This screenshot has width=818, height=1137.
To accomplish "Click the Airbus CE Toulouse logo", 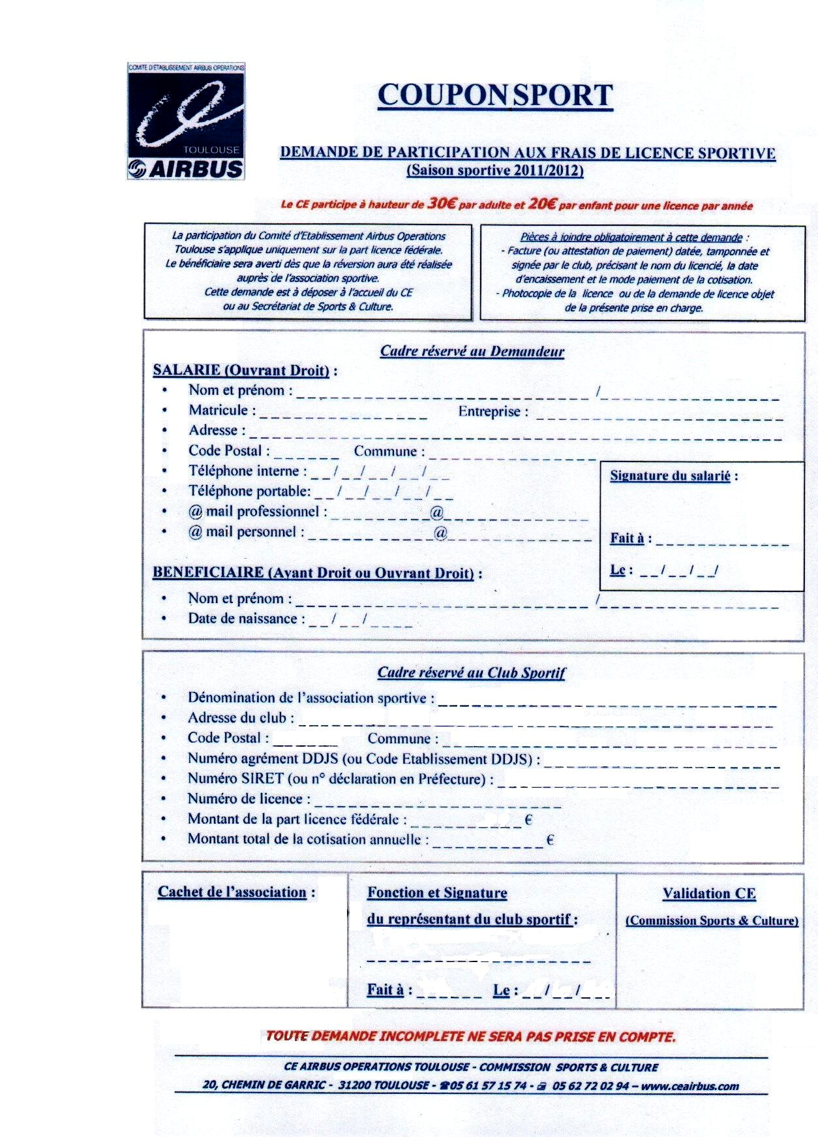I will (x=186, y=122).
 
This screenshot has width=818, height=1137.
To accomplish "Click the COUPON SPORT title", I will (x=495, y=95).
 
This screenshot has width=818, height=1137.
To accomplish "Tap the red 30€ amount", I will (x=442, y=204).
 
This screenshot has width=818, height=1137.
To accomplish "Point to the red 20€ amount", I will (x=541, y=204).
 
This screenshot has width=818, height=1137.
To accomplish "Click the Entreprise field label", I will (x=489, y=412).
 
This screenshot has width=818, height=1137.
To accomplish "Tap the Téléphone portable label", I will (x=249, y=491).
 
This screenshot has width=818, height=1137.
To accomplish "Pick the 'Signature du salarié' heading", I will (x=670, y=476).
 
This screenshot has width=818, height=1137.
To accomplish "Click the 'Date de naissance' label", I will (x=243, y=619).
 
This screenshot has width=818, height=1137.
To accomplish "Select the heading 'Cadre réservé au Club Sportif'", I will (x=472, y=673).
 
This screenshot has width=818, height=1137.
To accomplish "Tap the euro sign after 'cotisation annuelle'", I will (x=550, y=839).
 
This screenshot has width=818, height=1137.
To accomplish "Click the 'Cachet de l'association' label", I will (x=232, y=892).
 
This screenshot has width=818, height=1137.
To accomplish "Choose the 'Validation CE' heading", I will (x=709, y=894).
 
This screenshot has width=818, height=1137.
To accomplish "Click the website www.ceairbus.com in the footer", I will (x=691, y=1086).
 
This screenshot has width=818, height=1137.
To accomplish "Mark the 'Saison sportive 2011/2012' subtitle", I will (x=495, y=171).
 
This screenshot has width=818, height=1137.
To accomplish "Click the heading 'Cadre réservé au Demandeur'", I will (x=472, y=351).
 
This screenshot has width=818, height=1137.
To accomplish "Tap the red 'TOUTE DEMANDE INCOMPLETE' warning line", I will (x=470, y=1036).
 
